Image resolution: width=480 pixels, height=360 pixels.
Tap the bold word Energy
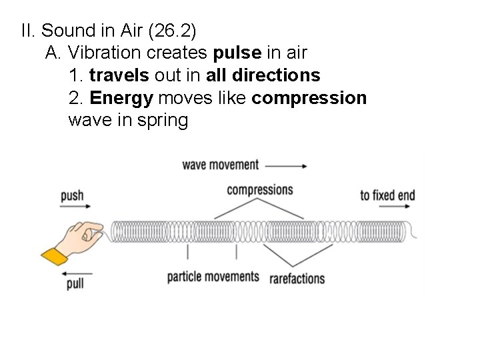(121, 98)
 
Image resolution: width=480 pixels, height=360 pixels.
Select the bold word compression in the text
(309, 98)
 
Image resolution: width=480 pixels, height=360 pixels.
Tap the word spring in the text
(164, 121)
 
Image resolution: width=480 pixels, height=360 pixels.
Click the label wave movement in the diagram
(221, 164)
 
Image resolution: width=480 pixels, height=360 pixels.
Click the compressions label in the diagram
(260, 190)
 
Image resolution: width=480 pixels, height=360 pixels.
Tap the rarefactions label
(297, 277)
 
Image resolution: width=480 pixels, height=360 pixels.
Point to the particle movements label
(213, 277)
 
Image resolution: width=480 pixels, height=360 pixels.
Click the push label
(72, 195)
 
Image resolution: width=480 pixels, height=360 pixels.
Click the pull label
(75, 284)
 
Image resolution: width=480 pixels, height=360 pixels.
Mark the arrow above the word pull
(75, 272)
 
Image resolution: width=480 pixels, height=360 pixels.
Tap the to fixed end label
(387, 195)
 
